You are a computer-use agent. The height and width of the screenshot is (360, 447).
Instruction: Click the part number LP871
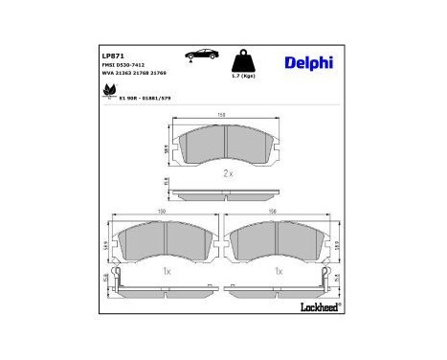click(113, 56)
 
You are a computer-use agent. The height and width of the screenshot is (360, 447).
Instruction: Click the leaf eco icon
click(107, 93)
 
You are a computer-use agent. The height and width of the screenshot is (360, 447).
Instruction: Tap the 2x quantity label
click(228, 173)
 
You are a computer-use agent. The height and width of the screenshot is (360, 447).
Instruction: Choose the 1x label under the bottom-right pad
click(279, 272)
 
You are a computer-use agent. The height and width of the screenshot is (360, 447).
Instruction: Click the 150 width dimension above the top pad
click(222, 116)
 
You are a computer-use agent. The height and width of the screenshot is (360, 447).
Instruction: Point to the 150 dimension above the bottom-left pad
click(162, 214)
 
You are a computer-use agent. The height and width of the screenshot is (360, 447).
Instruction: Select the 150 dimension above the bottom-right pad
click(275, 214)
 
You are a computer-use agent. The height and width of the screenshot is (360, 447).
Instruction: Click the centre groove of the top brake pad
click(223, 144)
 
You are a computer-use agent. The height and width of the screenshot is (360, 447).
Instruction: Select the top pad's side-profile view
click(225, 192)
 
